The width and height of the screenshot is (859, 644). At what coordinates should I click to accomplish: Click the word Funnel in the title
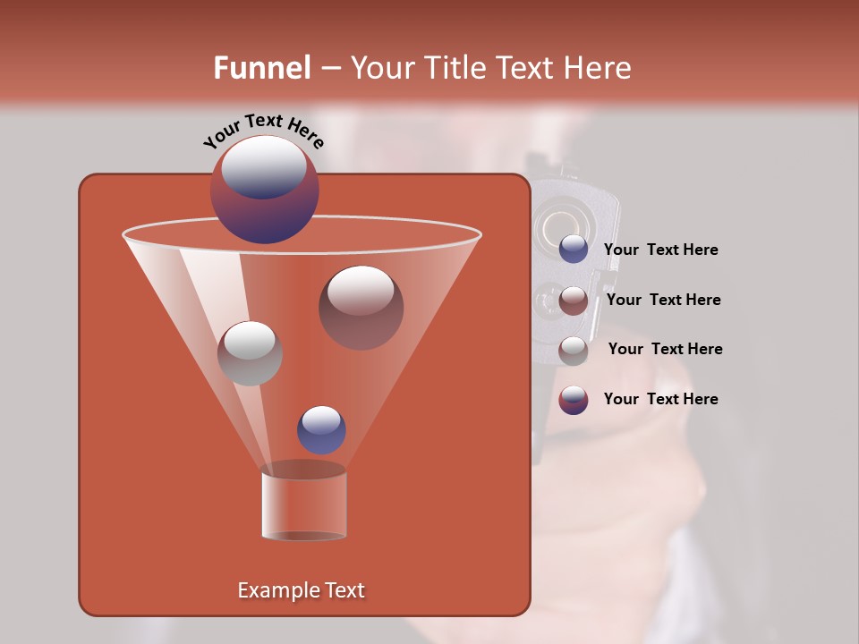point(261,68)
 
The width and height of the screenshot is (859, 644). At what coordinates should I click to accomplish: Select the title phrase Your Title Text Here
point(490,68)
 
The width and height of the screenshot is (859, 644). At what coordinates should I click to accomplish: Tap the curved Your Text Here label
point(264,131)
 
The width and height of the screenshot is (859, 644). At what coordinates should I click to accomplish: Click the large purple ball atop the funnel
point(265,190)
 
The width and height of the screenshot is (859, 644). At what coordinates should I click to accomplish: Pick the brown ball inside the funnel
point(361,307)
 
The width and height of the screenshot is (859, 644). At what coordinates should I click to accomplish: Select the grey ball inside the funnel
point(250,353)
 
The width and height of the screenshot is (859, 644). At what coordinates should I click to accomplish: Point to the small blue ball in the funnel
point(321,429)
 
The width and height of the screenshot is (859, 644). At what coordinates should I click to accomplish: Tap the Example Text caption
point(302,590)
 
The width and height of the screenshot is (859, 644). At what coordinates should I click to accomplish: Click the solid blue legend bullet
point(574,250)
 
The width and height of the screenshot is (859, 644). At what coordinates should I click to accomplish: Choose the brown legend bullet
point(574,301)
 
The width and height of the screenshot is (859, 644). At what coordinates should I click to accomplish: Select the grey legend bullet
point(574,351)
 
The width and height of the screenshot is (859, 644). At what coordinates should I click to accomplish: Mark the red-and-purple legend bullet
point(574,400)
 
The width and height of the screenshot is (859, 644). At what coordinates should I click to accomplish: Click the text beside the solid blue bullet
point(660,250)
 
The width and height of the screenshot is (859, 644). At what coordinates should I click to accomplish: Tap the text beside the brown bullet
point(663,301)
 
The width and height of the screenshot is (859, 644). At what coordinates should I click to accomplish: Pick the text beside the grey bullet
point(665,350)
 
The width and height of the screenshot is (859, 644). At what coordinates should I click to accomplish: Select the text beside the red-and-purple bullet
point(660,399)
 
